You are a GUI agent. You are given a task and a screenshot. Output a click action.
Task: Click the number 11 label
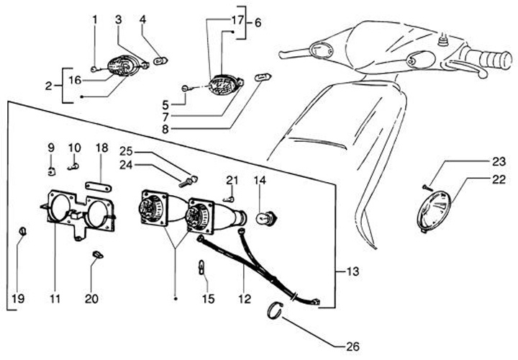[55, 297]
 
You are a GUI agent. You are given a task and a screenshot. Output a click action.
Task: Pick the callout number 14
[259, 180]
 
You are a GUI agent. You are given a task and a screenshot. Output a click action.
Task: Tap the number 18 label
[101, 148]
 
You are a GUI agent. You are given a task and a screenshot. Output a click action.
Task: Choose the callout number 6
[258, 22]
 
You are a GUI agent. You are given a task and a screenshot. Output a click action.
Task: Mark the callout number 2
[48, 86]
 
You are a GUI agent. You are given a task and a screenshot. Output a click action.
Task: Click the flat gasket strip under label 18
[100, 185]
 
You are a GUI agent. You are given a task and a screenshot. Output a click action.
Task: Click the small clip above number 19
[22, 230]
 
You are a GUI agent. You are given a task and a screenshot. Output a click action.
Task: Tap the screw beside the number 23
[427, 186]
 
